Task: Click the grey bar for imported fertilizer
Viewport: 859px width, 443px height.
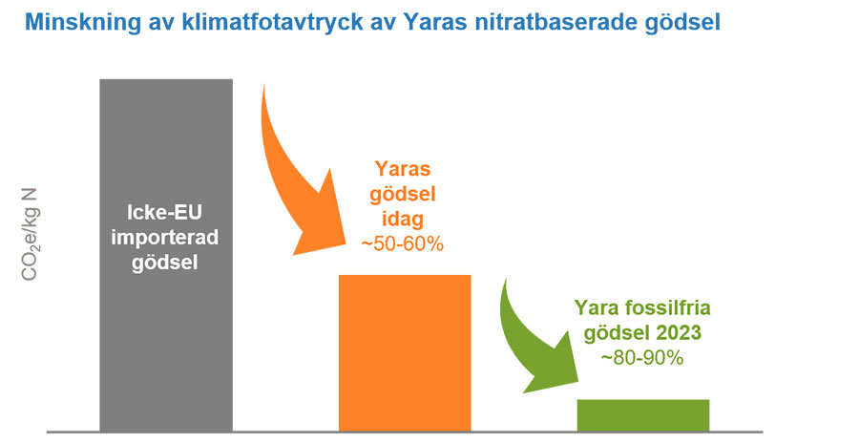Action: (x=166, y=255)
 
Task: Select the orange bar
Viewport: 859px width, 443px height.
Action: (x=405, y=353)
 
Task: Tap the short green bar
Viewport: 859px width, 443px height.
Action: (x=643, y=415)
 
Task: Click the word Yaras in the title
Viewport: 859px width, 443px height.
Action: (x=436, y=22)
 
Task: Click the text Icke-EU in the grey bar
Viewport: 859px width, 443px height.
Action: (x=164, y=212)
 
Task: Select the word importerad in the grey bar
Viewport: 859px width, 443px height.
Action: (x=164, y=238)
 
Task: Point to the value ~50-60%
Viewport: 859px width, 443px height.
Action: (x=402, y=244)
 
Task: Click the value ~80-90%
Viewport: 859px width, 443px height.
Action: (x=642, y=358)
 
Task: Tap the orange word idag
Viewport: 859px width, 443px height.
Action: (x=403, y=219)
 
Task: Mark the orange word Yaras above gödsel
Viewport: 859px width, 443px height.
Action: (x=403, y=168)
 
